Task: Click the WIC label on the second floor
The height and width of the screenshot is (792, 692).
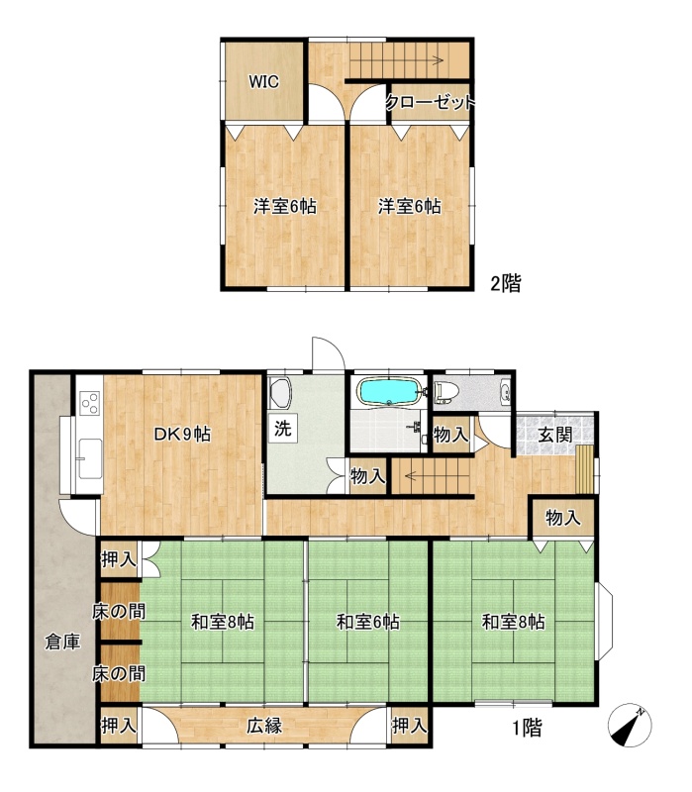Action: (x=263, y=82)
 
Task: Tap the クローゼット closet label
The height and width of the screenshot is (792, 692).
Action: (x=431, y=103)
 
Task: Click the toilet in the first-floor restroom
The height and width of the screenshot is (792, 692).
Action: (x=445, y=391)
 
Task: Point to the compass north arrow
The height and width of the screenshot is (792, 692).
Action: (x=630, y=726)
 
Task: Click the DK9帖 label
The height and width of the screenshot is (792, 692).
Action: (x=182, y=435)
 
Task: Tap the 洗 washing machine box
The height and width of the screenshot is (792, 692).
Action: (x=283, y=429)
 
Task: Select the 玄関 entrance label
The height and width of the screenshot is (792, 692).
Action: (x=554, y=435)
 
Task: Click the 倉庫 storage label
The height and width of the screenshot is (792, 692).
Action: (x=62, y=642)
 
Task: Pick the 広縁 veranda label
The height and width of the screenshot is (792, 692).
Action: (x=264, y=726)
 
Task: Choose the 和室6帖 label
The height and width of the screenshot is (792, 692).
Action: (x=367, y=622)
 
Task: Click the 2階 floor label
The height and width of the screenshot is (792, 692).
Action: (x=506, y=283)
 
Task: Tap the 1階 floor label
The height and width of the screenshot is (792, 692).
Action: (x=527, y=728)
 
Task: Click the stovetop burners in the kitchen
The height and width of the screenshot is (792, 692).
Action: (x=90, y=403)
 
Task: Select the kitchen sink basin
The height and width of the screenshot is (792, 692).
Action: (x=90, y=458)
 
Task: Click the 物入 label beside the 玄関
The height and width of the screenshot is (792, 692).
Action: (x=562, y=518)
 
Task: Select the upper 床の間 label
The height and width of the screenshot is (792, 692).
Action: (x=119, y=612)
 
